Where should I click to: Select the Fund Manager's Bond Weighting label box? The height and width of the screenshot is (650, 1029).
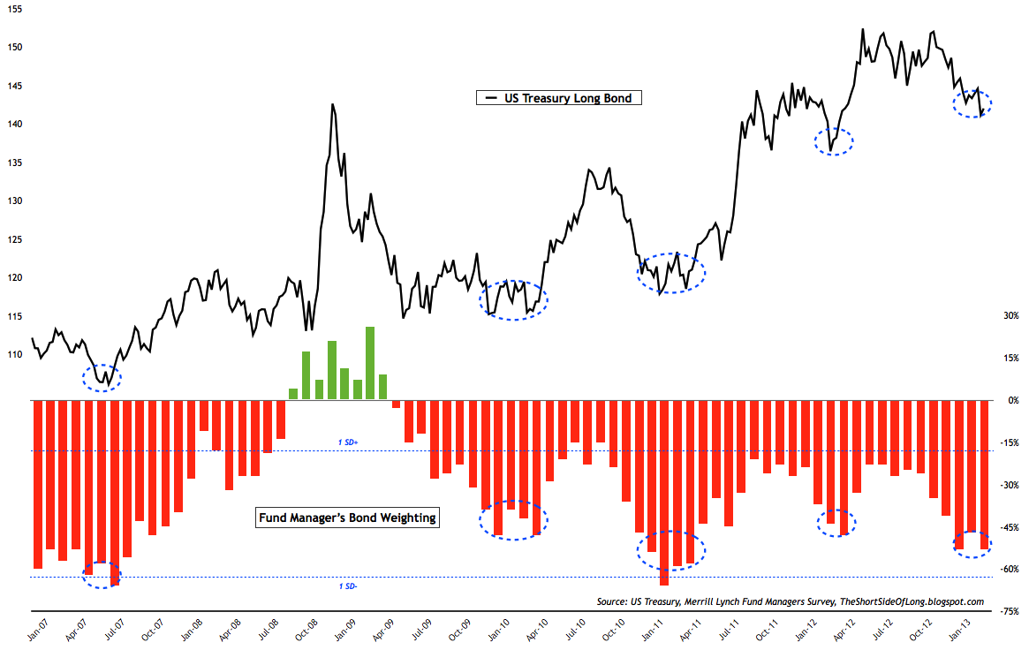click(x=346, y=518)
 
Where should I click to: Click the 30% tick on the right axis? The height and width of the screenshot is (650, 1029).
click(x=1010, y=316)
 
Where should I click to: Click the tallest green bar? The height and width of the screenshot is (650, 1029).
click(x=370, y=363)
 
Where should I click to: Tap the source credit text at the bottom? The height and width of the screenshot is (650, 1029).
click(x=790, y=601)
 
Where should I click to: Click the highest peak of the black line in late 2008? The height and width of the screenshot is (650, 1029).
click(x=332, y=105)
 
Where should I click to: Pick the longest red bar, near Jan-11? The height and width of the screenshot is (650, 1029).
click(x=664, y=492)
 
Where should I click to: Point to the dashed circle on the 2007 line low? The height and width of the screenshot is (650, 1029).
click(x=102, y=378)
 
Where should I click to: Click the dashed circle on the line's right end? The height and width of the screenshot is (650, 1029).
click(x=972, y=102)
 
